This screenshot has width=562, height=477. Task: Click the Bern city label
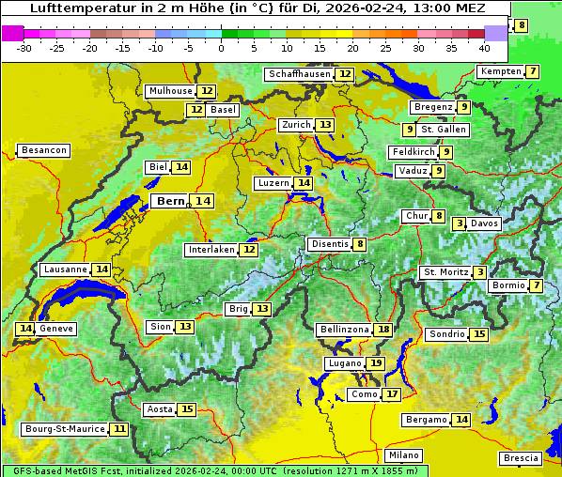coord(171,201)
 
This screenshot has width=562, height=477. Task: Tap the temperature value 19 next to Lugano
coord(376,363)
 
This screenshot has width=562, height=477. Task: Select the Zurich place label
coord(295,125)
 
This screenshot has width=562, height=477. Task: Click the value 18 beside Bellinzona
coord(382,330)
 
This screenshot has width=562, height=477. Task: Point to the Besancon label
coord(44,150)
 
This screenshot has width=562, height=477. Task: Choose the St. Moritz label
coord(445,272)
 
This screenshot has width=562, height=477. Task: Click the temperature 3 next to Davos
coord(460,223)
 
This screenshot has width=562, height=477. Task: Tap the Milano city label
coord(404,455)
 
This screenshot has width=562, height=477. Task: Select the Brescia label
coord(521,458)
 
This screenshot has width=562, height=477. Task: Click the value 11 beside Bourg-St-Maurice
coord(118,429)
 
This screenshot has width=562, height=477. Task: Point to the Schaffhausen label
coord(298,74)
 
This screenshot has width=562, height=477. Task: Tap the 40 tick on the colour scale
coord(484,48)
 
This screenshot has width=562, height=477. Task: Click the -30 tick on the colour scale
coord(24,48)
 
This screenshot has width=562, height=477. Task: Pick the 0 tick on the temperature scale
coord(221,48)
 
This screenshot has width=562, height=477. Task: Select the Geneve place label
coord(56,329)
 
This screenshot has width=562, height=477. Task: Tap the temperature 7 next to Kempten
coord(533,72)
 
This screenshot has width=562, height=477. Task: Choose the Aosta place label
coord(160,409)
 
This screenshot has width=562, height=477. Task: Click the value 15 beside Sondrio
coord(479,334)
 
